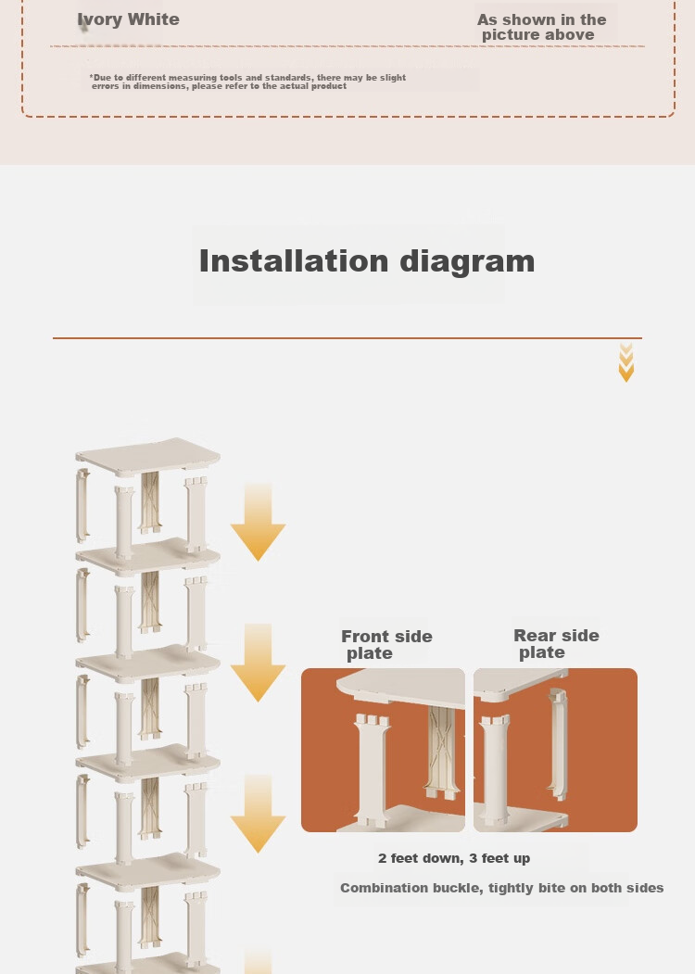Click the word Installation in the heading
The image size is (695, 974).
(293, 261)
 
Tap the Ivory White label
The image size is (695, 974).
(129, 19)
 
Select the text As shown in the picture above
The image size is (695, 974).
(541, 27)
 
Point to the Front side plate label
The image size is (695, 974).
(386, 645)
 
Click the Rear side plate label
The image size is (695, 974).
(556, 644)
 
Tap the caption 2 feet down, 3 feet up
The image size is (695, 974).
(454, 858)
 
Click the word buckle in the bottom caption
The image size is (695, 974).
(459, 889)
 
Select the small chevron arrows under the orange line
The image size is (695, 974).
(626, 362)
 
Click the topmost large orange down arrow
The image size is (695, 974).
(258, 523)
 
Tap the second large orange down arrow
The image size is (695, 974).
(258, 663)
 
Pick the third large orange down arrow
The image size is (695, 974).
(258, 815)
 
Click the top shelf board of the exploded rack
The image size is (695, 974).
(148, 457)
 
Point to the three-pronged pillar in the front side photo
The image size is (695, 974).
(372, 767)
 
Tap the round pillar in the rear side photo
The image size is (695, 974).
(495, 768)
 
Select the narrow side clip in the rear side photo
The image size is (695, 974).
(558, 743)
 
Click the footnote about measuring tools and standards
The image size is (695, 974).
(247, 82)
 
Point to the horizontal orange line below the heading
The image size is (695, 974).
(347, 338)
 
